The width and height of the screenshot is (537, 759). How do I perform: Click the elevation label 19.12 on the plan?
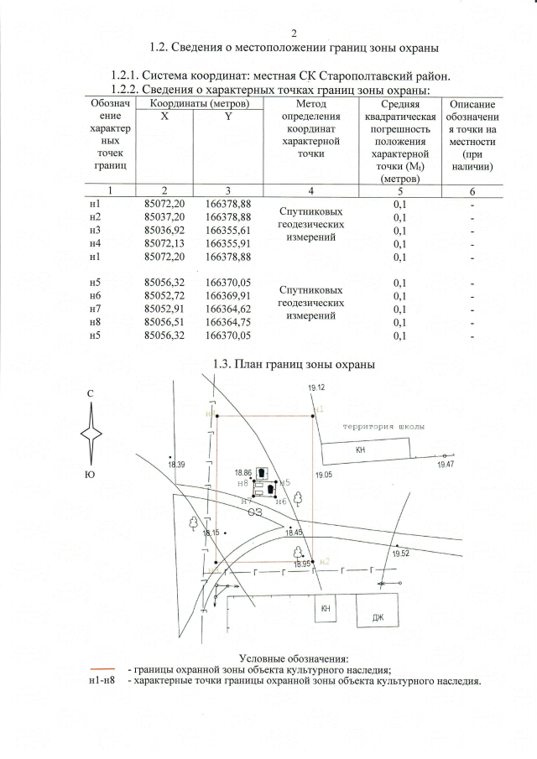(x=316, y=387)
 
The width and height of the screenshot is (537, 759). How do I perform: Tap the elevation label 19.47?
(x=446, y=464)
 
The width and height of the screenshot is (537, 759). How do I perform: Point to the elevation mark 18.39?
(x=176, y=464)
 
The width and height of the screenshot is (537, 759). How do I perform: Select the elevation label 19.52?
(x=400, y=554)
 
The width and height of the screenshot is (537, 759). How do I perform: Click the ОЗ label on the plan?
(x=254, y=512)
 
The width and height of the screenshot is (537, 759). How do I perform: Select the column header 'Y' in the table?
(x=227, y=117)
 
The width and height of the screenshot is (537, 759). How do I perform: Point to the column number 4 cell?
(x=311, y=190)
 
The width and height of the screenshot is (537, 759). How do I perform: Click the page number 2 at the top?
(x=294, y=34)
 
